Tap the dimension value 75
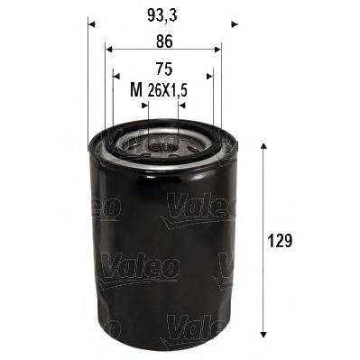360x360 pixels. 162,68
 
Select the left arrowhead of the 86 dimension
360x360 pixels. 108,51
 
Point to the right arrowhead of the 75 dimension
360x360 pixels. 208,78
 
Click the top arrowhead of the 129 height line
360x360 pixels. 263,146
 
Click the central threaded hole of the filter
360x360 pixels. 162,143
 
